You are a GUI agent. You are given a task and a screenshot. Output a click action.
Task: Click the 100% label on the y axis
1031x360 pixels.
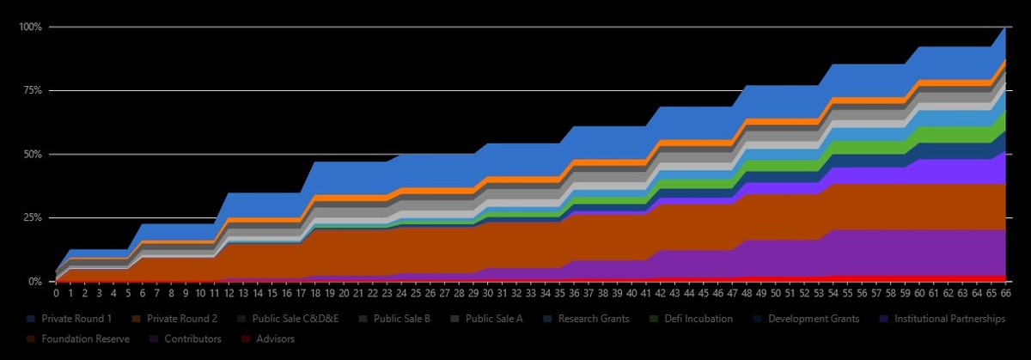coord(31,27)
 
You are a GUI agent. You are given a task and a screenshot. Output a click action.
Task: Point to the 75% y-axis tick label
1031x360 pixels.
coord(34,90)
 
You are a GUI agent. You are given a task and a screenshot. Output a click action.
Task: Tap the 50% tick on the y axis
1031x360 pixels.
coord(34,154)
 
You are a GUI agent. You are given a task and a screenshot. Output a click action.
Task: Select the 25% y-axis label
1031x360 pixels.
coord(34,217)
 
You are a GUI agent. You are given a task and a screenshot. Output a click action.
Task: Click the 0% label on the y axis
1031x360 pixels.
coord(36,281)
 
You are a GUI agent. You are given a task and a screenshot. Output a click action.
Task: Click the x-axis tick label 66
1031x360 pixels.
coord(1006,293)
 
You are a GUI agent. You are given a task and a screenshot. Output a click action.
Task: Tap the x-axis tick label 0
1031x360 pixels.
coord(56,293)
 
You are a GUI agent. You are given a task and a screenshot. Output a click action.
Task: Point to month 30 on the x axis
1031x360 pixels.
coord(487,293)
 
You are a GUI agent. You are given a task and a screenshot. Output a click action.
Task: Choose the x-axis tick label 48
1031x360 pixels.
coord(747,293)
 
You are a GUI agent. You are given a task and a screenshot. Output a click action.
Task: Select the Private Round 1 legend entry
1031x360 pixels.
coord(76,319)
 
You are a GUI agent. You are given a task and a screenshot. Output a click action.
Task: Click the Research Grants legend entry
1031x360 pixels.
coord(593,319)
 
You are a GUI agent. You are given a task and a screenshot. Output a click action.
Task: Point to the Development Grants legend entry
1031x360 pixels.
coord(812,319)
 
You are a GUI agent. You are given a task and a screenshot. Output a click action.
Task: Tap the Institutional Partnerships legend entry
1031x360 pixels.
coord(943,319)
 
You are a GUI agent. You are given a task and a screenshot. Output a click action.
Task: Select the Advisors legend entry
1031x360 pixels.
coord(269,339)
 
